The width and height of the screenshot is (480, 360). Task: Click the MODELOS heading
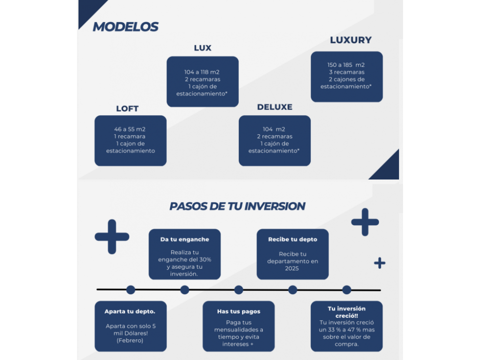[126, 27]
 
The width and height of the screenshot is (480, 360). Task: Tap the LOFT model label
[127, 109]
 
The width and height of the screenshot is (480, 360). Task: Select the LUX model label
[202, 48]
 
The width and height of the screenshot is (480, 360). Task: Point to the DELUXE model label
[275, 107]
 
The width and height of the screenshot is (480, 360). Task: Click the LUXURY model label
[351, 40]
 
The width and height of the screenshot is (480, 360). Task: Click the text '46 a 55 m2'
[130, 129]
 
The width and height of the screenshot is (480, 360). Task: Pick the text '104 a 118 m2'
[202, 72]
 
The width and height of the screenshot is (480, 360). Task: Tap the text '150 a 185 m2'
[346, 65]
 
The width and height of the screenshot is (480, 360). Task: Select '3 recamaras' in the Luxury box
[347, 72]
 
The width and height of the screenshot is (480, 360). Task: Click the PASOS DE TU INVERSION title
[237, 206]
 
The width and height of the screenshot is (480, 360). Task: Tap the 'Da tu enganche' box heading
[184, 239]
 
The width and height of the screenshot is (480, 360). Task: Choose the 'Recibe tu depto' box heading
[293, 239]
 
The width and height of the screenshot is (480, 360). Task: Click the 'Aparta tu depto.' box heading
[130, 311]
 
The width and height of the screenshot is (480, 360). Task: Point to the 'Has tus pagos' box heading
[239, 311]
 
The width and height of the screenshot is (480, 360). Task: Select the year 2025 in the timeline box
[292, 268]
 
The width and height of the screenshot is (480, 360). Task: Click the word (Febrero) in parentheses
[130, 340]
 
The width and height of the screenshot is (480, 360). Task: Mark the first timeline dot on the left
[131, 289]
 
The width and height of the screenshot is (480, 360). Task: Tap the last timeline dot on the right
[347, 289]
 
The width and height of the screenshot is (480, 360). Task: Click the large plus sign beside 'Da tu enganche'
[112, 236]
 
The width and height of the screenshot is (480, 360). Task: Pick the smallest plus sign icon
[379, 263]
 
